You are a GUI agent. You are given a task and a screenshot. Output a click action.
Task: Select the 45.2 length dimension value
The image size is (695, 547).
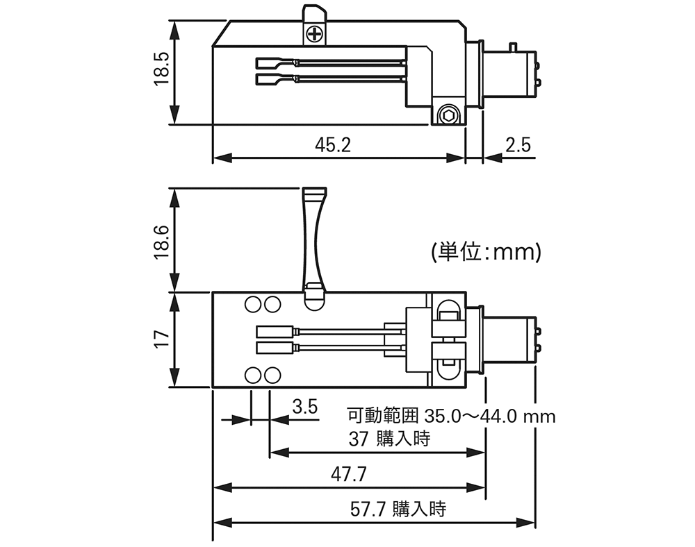coord(333,145)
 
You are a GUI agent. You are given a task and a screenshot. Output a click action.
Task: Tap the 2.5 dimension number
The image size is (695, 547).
coord(518,145)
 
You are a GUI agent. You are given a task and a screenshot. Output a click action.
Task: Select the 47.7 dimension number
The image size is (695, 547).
coord(349,475)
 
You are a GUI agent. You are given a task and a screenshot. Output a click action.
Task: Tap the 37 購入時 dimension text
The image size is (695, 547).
coord(389,439)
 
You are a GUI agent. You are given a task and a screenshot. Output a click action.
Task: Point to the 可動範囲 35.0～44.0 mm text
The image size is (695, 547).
coord(451,416)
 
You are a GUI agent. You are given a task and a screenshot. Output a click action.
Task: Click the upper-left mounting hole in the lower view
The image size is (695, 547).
coord(253,304)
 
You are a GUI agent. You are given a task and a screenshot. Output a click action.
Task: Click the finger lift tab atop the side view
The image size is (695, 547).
coord(313,14)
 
